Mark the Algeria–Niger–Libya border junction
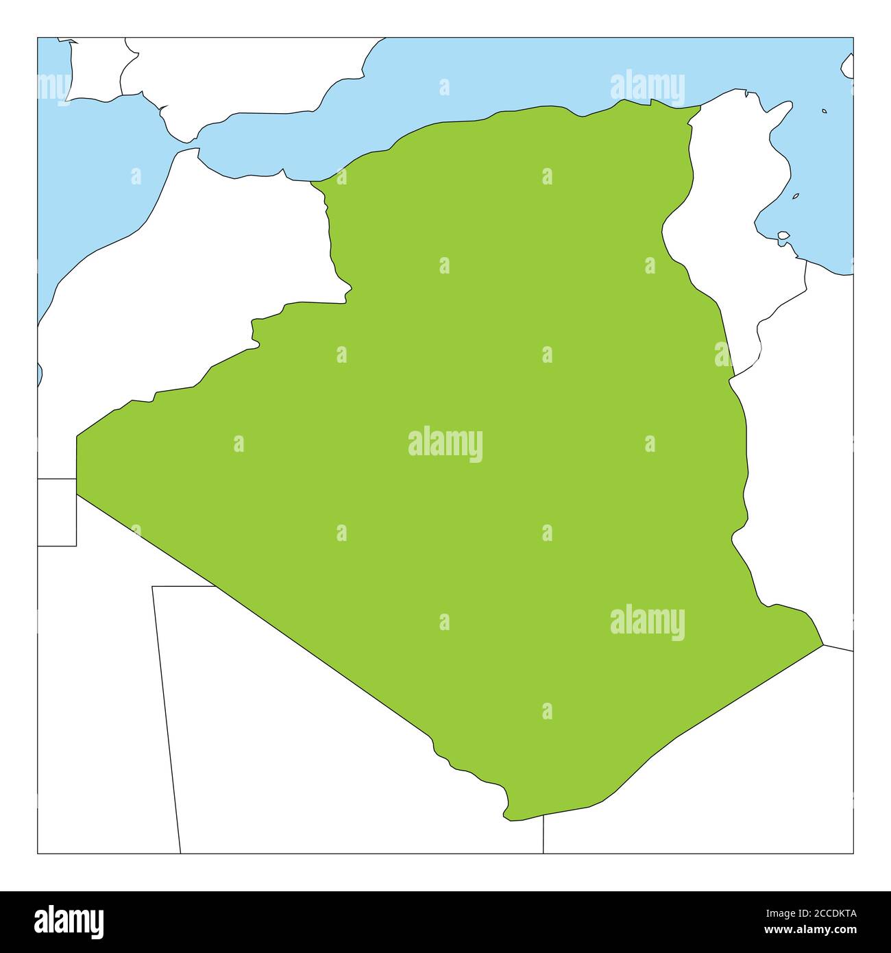pos(822,644)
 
